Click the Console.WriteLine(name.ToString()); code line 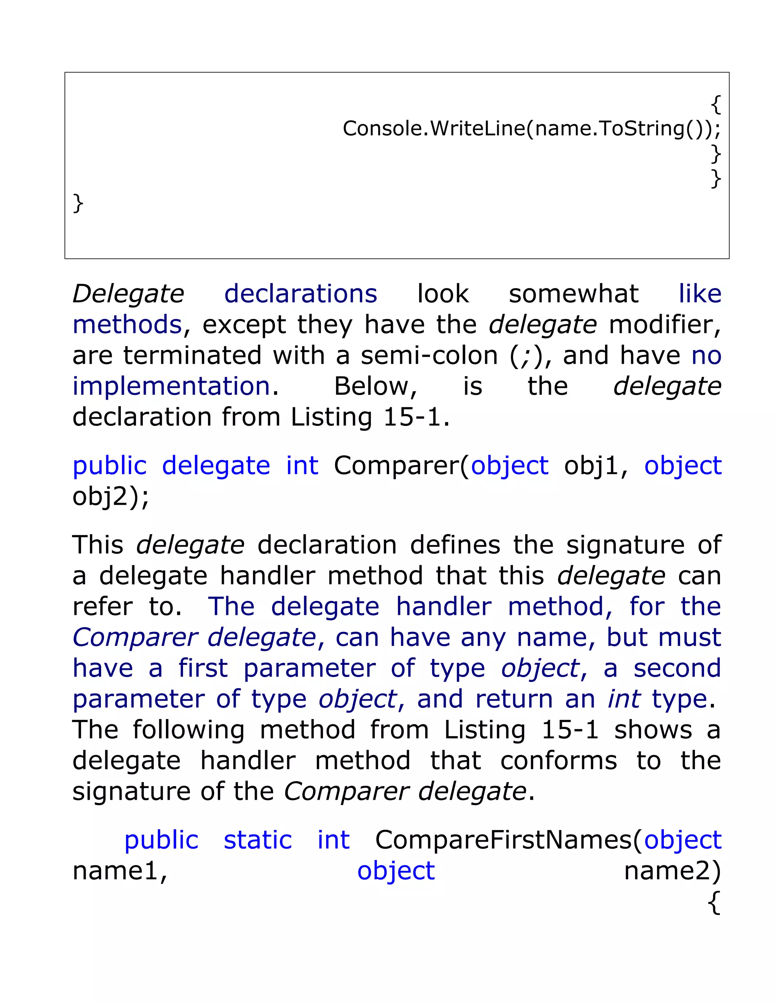point(532,128)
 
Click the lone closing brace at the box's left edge point(78,203)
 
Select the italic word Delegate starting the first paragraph point(128,294)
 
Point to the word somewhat point(574,294)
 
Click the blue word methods point(127,325)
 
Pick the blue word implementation point(171,386)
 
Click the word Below point(375,386)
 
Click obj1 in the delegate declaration point(591,466)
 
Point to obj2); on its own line point(111,496)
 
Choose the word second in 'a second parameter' point(677,668)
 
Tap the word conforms point(559,761)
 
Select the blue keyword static point(257,840)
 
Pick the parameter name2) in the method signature point(672,871)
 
